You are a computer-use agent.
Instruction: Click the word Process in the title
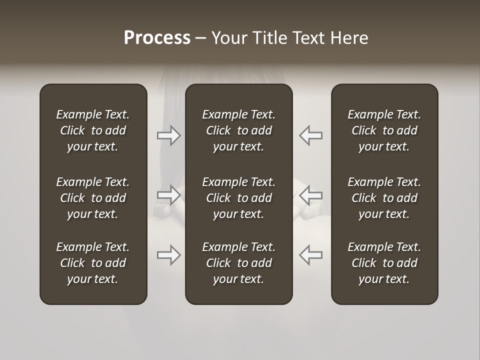click(x=157, y=38)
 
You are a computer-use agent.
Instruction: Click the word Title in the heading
click(x=269, y=38)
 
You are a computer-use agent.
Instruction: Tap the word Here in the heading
click(x=350, y=38)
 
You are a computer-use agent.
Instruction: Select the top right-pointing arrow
click(x=169, y=135)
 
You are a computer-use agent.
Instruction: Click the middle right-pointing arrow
click(x=169, y=195)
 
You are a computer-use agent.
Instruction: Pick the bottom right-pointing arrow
click(x=169, y=255)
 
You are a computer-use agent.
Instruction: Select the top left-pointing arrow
click(x=310, y=135)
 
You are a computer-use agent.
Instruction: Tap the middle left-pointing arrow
click(x=310, y=195)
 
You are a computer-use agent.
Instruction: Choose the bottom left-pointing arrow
click(x=310, y=255)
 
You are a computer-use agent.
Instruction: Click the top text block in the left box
click(x=93, y=130)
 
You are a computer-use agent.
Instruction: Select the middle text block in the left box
click(x=93, y=198)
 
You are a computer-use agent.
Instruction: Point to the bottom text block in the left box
click(x=93, y=263)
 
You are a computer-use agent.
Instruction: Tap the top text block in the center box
click(x=239, y=130)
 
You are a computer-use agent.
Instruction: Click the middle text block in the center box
click(x=239, y=198)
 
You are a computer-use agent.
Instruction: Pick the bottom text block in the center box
click(x=239, y=263)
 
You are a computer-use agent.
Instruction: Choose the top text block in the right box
click(x=384, y=130)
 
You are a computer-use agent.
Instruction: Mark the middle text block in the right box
click(x=384, y=198)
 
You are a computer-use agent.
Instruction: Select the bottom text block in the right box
click(x=384, y=263)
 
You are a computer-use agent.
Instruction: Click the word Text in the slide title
click(x=308, y=38)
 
